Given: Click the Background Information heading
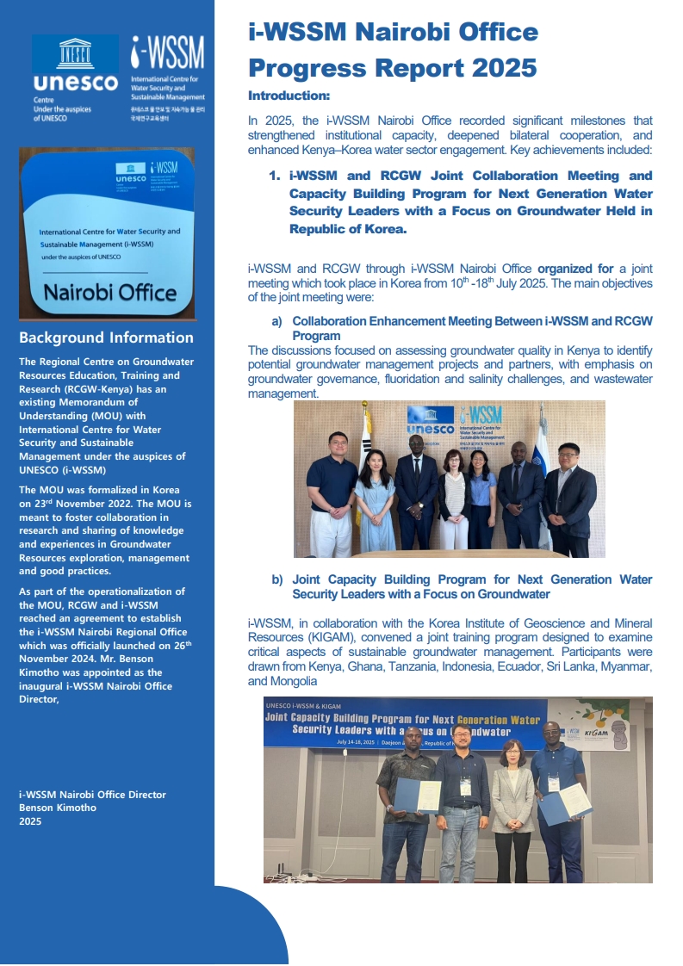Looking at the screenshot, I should [x=106, y=337].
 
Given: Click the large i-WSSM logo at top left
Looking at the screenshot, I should [x=167, y=53].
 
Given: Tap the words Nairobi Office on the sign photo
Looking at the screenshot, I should [x=109, y=292].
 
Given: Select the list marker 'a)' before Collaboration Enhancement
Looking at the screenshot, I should [x=277, y=321].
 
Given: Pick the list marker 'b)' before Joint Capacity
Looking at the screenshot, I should [x=277, y=579].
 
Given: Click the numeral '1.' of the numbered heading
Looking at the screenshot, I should [x=275, y=176].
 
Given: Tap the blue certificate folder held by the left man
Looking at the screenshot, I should [x=418, y=795].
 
